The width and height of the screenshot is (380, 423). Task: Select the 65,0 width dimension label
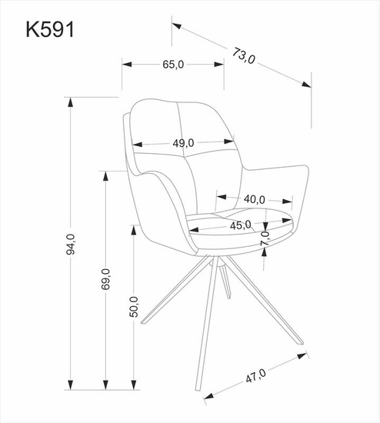173,65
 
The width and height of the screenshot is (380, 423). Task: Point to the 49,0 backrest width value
182,142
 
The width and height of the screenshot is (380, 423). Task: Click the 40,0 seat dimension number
254,199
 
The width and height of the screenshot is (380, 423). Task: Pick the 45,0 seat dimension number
242,225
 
